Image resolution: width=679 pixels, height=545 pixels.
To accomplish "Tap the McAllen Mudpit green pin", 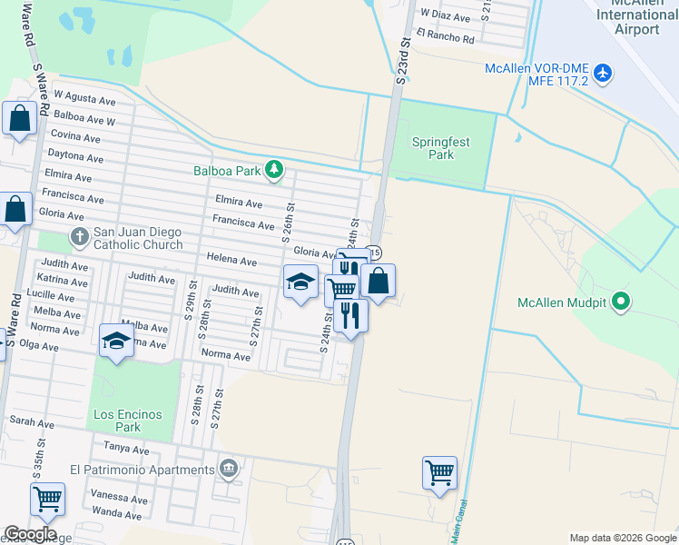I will (621, 301).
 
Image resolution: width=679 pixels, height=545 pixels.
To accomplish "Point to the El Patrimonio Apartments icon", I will (229, 470).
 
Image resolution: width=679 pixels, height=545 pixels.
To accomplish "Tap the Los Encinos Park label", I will (128, 421).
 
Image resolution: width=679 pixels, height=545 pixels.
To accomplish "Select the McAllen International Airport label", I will (636, 15).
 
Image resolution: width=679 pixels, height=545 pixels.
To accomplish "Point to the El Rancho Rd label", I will (445, 39).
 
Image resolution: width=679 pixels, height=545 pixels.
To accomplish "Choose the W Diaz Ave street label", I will (444, 16).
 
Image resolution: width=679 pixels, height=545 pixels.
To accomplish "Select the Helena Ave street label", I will (231, 260).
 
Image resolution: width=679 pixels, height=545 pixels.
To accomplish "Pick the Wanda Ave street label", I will (116, 515).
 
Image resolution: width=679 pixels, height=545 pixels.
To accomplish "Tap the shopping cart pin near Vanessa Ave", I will (47, 499).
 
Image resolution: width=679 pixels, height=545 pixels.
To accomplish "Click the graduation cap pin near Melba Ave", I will (116, 341).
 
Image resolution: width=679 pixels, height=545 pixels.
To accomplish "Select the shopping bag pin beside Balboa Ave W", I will (19, 118).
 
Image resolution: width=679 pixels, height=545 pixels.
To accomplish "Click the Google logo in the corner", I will (30, 534).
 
